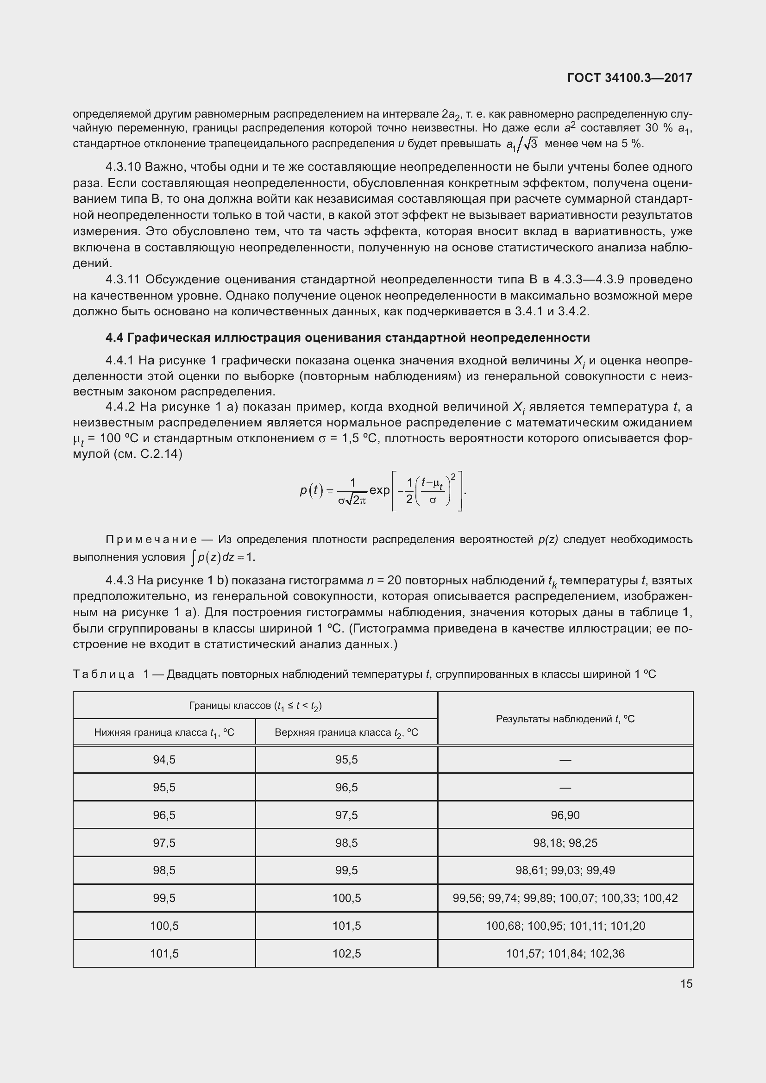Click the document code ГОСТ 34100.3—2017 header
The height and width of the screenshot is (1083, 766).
tap(630, 78)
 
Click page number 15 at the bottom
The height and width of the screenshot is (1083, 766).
tap(686, 984)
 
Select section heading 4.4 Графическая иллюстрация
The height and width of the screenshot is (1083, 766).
tap(348, 338)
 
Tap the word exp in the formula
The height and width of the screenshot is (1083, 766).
tap(379, 490)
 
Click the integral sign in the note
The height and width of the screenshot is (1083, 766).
tap(193, 557)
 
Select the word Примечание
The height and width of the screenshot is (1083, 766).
tap(151, 539)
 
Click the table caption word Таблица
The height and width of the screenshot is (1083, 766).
tap(104, 675)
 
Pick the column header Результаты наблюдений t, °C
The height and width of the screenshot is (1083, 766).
tap(565, 719)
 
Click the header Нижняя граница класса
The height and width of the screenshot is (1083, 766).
tap(164, 732)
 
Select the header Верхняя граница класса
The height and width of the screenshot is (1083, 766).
tap(346, 732)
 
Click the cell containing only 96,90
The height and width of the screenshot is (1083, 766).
tap(565, 815)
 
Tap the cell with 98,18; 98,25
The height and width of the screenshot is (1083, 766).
tap(565, 843)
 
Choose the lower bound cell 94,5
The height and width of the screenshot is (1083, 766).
tap(164, 759)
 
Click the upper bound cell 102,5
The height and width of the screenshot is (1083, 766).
tap(346, 953)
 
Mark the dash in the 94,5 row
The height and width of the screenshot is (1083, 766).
tap(565, 760)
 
